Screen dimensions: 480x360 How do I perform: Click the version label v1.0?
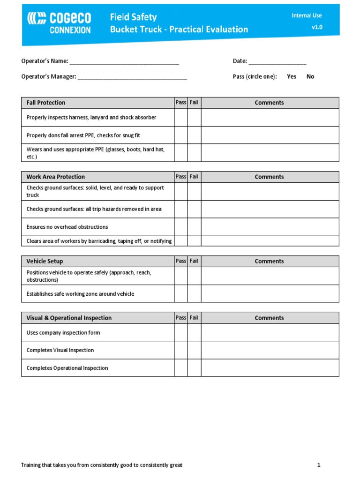click(317, 27)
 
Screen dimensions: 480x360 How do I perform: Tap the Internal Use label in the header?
click(307, 15)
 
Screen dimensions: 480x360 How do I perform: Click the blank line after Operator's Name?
click(124, 61)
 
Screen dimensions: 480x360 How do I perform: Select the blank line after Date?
click(277, 61)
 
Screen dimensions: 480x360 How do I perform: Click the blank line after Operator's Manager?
click(132, 77)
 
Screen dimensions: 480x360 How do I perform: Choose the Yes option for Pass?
click(292, 76)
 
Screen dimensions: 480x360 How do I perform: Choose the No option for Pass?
click(310, 76)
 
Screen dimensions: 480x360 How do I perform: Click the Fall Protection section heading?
click(46, 103)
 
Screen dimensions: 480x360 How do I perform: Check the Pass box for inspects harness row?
click(181, 118)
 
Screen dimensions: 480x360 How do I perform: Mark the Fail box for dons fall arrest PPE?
click(194, 135)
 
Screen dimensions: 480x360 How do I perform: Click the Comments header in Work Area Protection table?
click(269, 177)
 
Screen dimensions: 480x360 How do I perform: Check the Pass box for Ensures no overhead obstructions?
click(181, 227)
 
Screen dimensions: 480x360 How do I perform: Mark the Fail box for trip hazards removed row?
click(194, 209)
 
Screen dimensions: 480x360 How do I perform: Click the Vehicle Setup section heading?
click(45, 261)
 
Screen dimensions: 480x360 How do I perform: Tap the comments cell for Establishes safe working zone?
click(270, 294)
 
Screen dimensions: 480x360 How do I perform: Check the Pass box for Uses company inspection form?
click(181, 333)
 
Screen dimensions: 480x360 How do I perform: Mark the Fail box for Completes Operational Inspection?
click(194, 368)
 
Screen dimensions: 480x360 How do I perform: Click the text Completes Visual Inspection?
click(60, 350)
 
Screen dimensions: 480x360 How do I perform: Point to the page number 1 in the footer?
click(318, 465)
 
